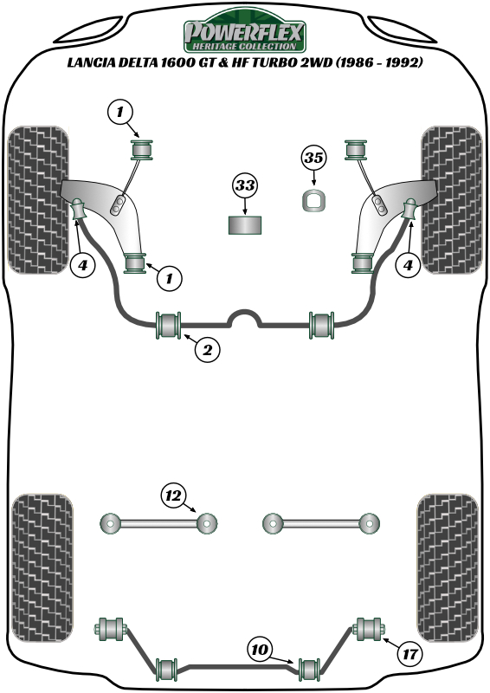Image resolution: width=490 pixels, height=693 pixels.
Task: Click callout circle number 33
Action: point(245,185)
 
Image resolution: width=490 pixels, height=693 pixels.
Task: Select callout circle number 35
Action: point(314,158)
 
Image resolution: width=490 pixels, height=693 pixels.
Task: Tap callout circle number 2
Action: point(207,350)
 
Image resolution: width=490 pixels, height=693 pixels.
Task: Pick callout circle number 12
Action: point(174,495)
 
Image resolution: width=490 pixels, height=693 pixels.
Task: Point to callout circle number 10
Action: point(261,649)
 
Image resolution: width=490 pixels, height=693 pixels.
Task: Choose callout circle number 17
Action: point(409,653)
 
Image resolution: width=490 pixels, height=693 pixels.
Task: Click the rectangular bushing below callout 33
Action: point(245,225)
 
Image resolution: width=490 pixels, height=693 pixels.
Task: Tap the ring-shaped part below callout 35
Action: point(314,200)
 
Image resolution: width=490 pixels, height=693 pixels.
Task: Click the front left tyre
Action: point(38,200)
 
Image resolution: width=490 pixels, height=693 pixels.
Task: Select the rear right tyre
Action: point(448,568)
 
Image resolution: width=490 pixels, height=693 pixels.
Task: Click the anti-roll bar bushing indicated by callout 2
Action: point(168,326)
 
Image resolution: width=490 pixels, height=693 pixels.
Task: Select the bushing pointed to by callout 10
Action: point(310,669)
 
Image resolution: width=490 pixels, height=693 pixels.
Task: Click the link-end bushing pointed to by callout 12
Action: point(206,524)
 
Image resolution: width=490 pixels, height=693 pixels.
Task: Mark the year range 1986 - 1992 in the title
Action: point(378,62)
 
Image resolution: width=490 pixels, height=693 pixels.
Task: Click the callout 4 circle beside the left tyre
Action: point(82,265)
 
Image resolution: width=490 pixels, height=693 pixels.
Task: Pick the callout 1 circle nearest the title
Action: point(120,113)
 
